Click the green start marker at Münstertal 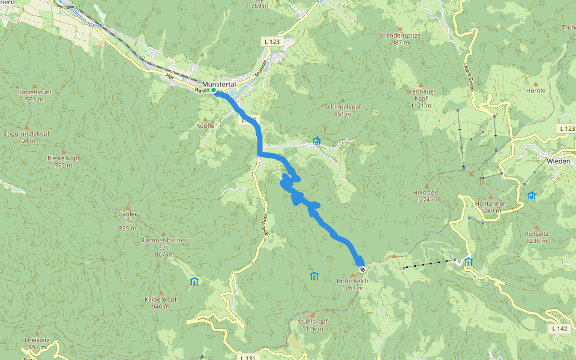[214, 91]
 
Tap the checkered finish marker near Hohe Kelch [362, 269]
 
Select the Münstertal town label [220, 84]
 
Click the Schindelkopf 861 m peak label [343, 110]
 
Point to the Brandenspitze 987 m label [400, 39]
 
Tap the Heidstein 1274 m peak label [427, 196]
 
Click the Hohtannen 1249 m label [491, 207]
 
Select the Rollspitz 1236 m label [536, 237]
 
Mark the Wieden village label [558, 161]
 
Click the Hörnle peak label [536, 91]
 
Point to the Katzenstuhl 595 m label [34, 95]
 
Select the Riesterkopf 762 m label [63, 161]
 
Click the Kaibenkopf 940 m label [160, 302]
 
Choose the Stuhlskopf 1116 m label [313, 325]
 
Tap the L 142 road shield [558, 329]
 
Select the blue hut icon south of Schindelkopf [316, 142]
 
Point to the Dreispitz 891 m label [37, 343]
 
